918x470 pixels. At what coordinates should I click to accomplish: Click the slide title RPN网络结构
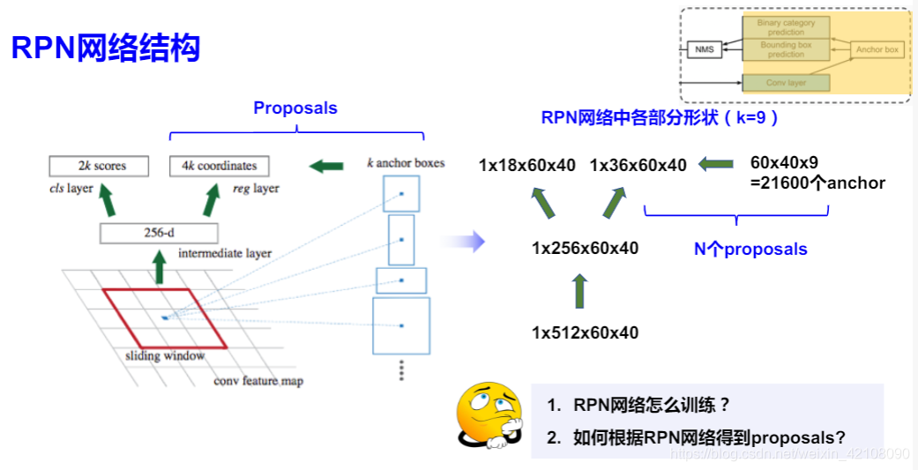coord(106,47)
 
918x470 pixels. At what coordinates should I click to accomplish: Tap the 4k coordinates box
coord(220,166)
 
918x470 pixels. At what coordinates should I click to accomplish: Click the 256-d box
coord(159,234)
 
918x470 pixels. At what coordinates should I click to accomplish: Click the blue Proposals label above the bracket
coord(295,108)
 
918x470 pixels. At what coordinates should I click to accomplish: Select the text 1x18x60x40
coord(527,165)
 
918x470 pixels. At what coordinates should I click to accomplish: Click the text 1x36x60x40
coord(638,165)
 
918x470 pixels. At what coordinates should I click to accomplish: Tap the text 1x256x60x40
coord(585,249)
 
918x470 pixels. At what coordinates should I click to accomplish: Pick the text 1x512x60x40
coord(585,332)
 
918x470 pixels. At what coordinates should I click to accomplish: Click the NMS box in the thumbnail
coord(704,49)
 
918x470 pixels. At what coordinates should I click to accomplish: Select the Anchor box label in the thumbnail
coord(877,49)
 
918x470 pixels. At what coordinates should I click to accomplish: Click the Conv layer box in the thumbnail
coord(786,83)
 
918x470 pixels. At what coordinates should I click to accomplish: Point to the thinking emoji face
coord(489,414)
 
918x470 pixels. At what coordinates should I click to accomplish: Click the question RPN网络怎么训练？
coord(639,406)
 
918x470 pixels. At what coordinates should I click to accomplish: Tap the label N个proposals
coord(750,250)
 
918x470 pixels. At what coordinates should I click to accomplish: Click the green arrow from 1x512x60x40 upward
coord(579,291)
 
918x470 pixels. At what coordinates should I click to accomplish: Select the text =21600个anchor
coord(817,183)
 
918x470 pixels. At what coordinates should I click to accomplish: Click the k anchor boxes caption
coord(406,163)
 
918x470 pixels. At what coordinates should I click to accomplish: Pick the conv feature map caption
coord(258,381)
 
